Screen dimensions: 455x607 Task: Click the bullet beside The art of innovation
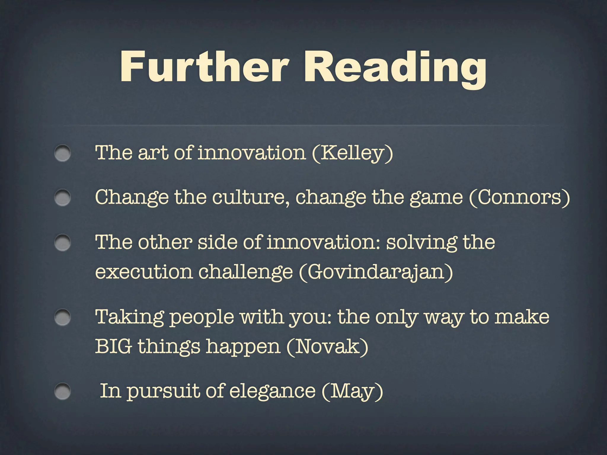63,153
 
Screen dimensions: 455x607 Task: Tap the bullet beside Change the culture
63,198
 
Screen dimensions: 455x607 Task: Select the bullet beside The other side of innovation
63,243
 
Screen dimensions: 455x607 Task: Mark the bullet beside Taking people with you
63,317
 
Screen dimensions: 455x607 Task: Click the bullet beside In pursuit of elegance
63,391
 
